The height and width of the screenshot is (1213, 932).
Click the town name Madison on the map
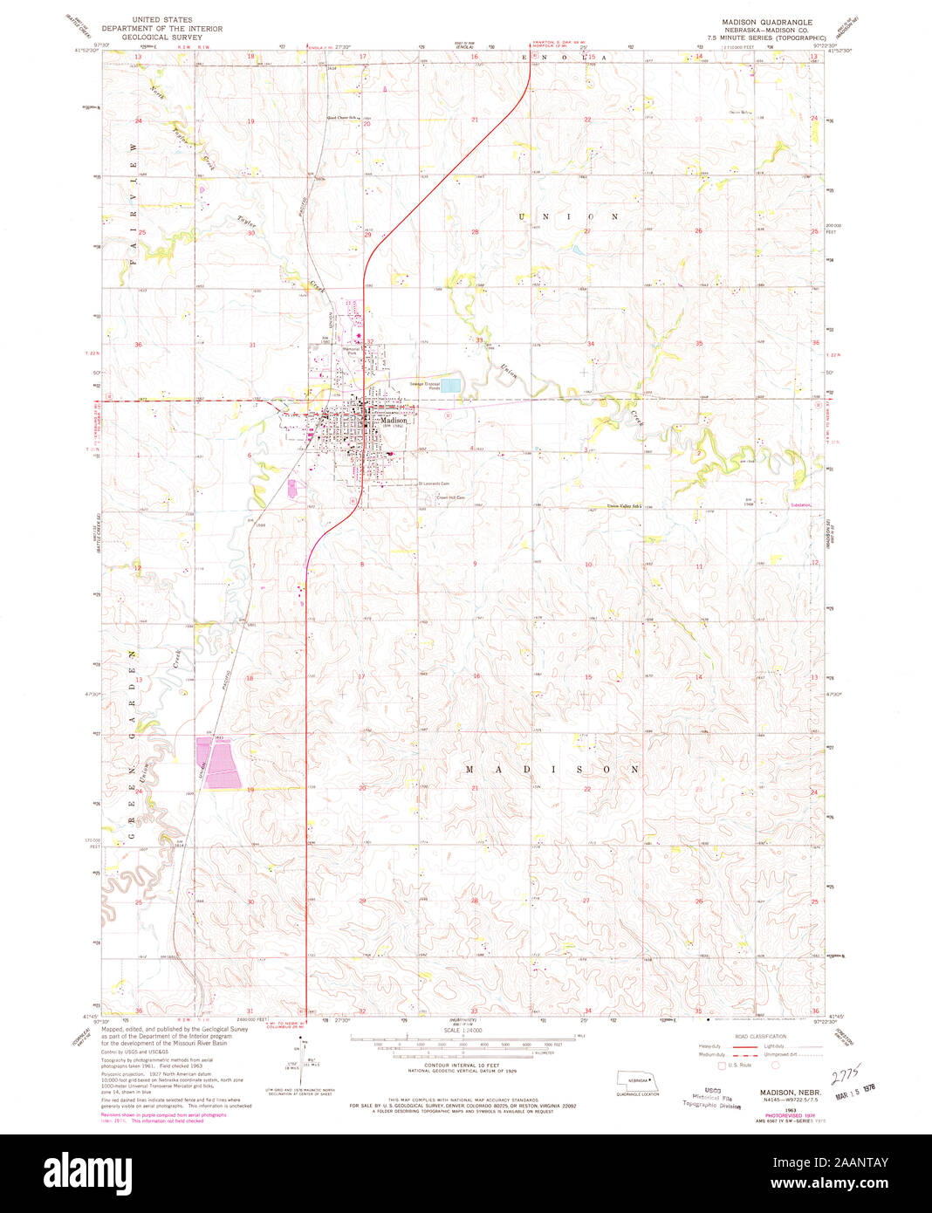pyautogui.click(x=394, y=421)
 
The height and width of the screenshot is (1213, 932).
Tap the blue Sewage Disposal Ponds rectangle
pyautogui.click(x=450, y=385)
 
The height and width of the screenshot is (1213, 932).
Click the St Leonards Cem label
pyautogui.click(x=434, y=483)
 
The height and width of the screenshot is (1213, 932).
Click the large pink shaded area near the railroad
pyautogui.click(x=218, y=762)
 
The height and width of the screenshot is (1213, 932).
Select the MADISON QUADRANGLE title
pyautogui.click(x=766, y=21)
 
